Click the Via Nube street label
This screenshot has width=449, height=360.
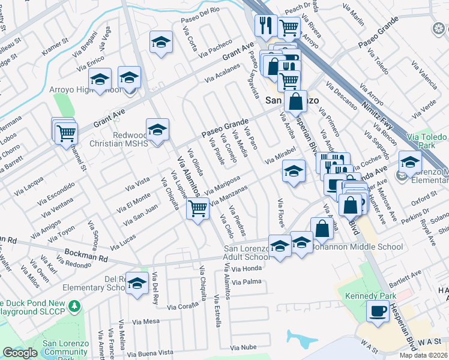243,347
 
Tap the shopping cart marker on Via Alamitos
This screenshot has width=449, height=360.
197,209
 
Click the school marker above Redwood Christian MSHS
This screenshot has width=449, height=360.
157,129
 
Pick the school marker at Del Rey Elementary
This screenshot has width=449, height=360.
137,283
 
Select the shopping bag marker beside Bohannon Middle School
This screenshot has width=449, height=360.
322,229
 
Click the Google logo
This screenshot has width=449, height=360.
20,353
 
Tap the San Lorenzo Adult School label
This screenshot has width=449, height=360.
247,253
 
